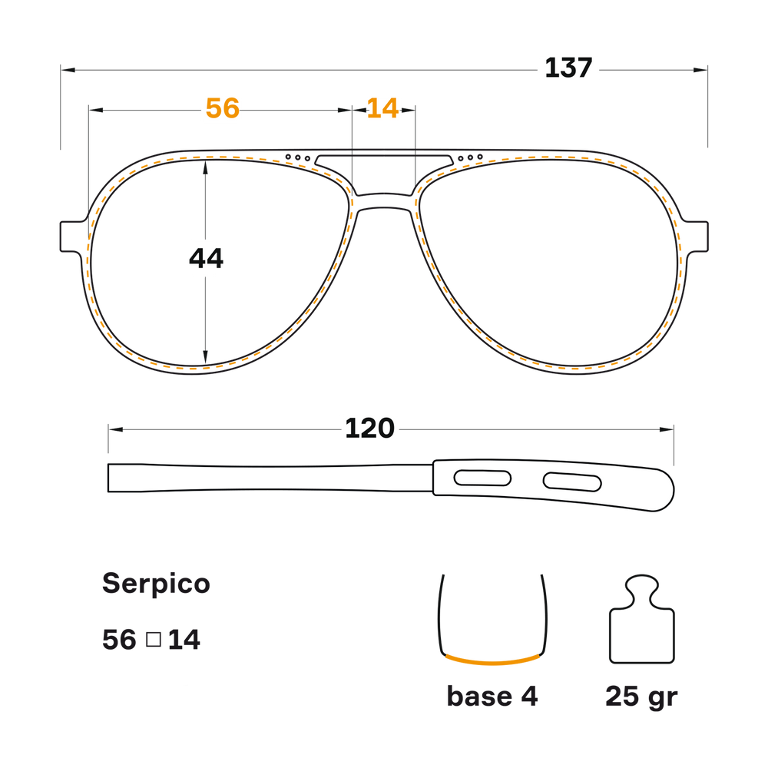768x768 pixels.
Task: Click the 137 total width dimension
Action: (568, 68)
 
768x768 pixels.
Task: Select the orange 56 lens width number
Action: (223, 108)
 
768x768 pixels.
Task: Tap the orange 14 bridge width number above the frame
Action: (382, 108)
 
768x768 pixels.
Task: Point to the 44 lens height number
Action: (206, 258)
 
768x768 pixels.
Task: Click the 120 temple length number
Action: (370, 429)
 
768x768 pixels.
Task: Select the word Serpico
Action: (156, 584)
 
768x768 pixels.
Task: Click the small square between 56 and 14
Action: (154, 639)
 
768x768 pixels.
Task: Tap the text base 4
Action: (492, 696)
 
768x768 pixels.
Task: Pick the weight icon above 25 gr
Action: (641, 619)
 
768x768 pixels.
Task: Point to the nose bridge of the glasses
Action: (385, 201)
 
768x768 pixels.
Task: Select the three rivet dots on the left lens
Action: (298, 157)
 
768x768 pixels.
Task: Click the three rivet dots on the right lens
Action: (470, 157)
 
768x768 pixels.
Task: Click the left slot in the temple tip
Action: (482, 478)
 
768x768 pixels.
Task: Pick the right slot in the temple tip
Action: (572, 482)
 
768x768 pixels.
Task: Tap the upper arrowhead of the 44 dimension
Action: (205, 167)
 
